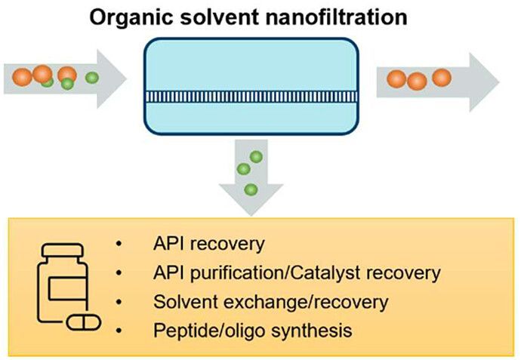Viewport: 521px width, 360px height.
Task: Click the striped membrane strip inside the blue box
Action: click(260, 95)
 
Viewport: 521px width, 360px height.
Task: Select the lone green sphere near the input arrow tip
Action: click(91, 78)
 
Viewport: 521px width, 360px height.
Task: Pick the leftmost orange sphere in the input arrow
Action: click(22, 76)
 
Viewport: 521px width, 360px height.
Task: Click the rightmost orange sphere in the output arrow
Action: click(442, 77)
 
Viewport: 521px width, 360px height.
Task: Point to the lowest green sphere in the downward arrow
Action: click(250, 189)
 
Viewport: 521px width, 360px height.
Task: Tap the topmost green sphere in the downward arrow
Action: click(257, 157)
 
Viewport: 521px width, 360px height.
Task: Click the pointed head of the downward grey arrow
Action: click(250, 205)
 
